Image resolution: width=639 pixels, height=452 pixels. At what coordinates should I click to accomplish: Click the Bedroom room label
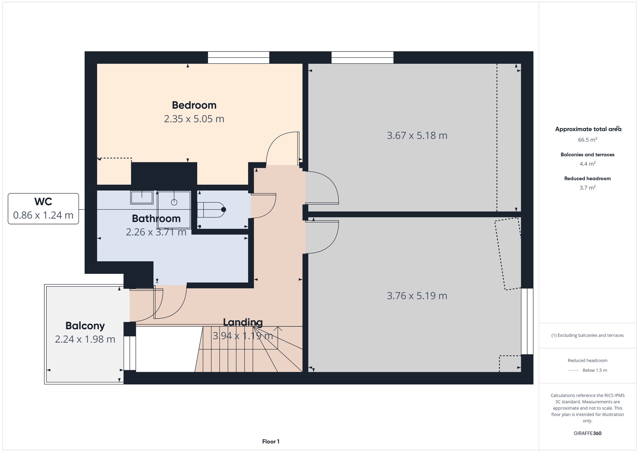click(x=194, y=105)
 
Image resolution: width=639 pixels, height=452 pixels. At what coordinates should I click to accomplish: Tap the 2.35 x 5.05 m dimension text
click(x=194, y=119)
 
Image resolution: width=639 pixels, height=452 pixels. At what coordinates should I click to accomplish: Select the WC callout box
click(x=43, y=209)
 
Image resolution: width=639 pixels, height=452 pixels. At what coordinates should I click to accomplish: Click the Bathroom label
click(x=156, y=218)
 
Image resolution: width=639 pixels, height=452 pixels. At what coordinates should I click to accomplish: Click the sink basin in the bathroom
click(x=142, y=197)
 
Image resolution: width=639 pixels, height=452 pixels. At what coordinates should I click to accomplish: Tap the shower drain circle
click(x=174, y=202)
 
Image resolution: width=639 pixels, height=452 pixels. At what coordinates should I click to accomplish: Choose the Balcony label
click(x=85, y=326)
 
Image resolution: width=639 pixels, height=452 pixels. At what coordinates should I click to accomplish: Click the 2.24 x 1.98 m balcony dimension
click(x=85, y=339)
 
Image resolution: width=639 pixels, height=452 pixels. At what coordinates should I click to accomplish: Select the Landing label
click(x=243, y=322)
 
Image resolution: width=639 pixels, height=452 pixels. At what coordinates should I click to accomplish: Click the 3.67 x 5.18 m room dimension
click(x=417, y=135)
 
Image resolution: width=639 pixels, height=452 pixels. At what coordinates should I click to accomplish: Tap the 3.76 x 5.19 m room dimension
click(x=417, y=296)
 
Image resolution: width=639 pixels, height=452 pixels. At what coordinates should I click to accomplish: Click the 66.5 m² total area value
click(x=587, y=140)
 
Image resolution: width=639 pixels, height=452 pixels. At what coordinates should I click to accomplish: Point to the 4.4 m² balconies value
click(x=587, y=164)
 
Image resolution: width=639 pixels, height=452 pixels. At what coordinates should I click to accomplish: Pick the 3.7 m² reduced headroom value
click(x=587, y=188)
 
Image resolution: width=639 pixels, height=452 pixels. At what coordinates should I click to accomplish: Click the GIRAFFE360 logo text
click(x=587, y=433)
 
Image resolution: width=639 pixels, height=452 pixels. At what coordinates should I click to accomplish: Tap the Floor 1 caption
click(x=271, y=442)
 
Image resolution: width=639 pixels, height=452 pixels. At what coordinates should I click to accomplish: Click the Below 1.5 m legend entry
click(x=595, y=370)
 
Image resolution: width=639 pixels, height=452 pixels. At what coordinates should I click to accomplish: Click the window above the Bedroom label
click(x=239, y=57)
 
